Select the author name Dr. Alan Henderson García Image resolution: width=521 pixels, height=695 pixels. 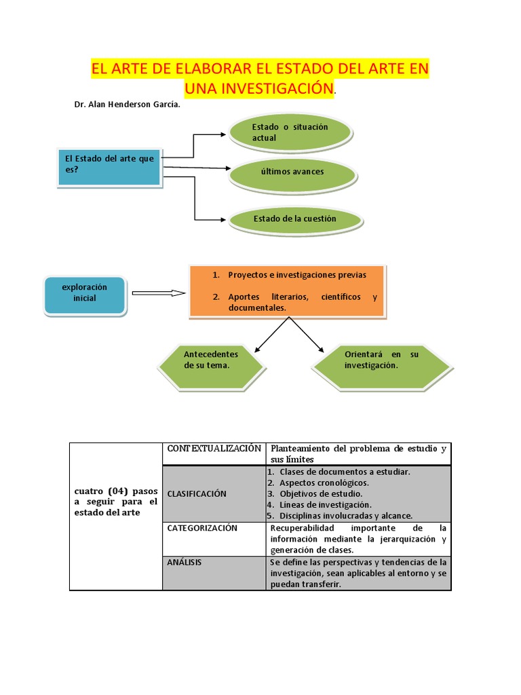click(128, 106)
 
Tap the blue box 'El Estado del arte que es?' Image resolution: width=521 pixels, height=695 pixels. click(109, 164)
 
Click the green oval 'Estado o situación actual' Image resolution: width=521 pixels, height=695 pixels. click(290, 132)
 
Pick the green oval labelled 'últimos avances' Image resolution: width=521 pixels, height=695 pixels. click(292, 172)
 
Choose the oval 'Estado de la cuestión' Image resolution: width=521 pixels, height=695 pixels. click(295, 219)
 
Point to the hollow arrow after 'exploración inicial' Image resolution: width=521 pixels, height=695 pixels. click(159, 293)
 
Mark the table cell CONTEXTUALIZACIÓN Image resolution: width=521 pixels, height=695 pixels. click(214, 449)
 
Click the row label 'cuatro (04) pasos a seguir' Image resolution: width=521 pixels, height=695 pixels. click(115, 501)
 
